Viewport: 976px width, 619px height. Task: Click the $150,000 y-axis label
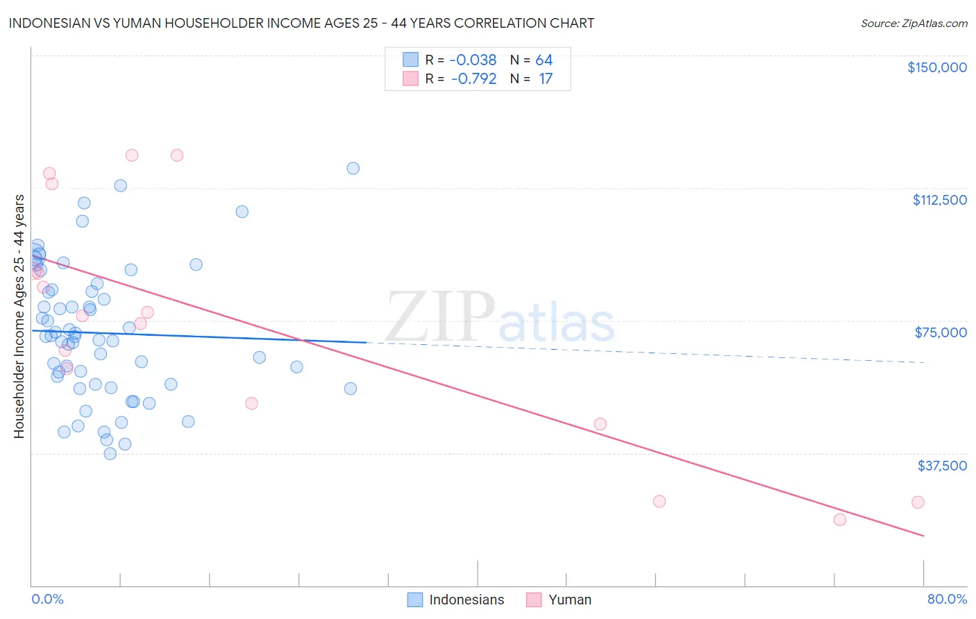coord(936,67)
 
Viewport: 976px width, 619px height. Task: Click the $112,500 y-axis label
coord(939,200)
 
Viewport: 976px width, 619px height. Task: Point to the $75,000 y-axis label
coord(941,332)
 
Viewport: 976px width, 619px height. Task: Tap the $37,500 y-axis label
coord(942,466)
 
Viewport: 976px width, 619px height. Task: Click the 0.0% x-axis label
coord(47,599)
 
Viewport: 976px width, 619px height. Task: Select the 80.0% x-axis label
coord(947,599)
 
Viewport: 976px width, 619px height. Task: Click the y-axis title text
coord(19,316)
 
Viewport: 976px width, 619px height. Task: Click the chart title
coord(301,23)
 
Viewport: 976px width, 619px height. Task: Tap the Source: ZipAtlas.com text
coord(914,24)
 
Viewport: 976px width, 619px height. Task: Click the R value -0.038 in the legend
coord(473,60)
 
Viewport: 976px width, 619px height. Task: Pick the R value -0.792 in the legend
coord(473,79)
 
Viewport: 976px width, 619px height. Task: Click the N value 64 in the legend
coord(544,60)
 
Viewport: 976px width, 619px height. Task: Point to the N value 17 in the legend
coord(546,79)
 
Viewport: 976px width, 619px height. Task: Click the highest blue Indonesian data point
coord(353,168)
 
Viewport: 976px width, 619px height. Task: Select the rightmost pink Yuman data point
coord(918,502)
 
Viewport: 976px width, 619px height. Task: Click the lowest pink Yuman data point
coord(839,520)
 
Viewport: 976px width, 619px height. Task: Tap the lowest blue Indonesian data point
coord(110,454)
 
